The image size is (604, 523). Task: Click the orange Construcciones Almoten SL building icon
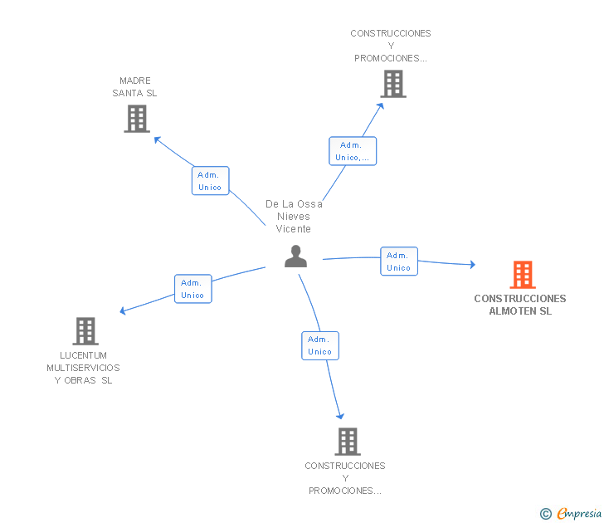click(522, 274)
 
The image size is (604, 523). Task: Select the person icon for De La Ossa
click(295, 257)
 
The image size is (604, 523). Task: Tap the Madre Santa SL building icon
click(136, 119)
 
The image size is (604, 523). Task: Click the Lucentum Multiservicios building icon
click(85, 330)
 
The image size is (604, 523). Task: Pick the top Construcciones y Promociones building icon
click(392, 84)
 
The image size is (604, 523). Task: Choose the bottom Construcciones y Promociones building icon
click(347, 441)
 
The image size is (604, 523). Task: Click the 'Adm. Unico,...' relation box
click(353, 151)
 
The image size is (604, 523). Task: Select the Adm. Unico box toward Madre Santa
click(210, 181)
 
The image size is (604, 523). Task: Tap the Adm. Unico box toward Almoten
click(398, 261)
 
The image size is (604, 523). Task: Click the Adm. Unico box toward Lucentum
click(192, 289)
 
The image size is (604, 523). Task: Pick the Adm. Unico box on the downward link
click(319, 345)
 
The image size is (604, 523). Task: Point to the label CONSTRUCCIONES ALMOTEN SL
click(520, 305)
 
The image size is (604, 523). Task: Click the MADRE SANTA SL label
click(135, 87)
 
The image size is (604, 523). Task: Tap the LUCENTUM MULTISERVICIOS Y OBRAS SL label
click(83, 368)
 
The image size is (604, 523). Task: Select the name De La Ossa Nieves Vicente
click(294, 216)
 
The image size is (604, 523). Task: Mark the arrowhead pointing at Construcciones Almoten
click(472, 265)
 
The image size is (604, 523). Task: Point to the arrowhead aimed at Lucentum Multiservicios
click(123, 312)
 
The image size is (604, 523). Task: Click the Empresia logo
click(579, 513)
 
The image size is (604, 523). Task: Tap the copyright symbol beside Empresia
click(545, 514)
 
